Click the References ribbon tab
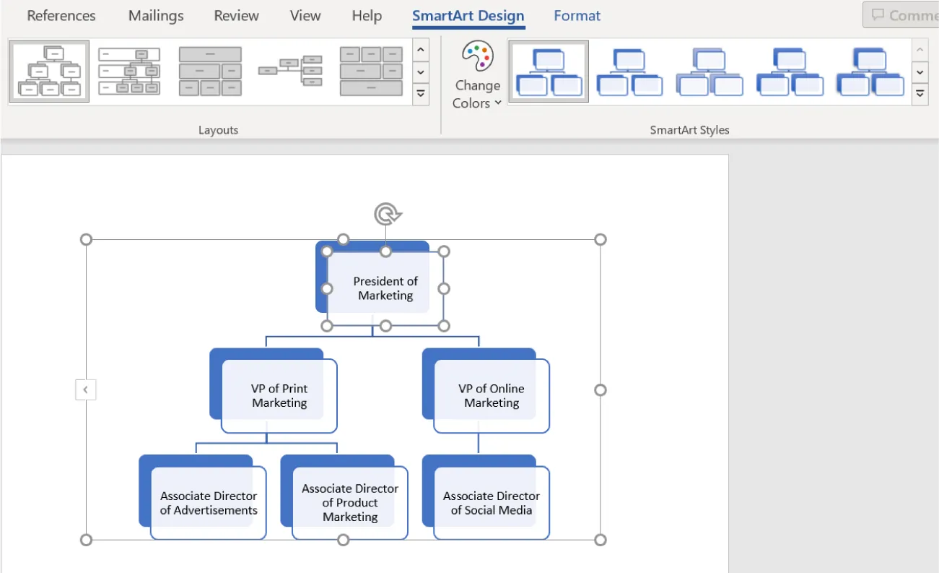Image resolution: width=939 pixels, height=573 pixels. [x=61, y=15]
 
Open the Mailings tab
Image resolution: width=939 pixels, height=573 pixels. [x=156, y=15]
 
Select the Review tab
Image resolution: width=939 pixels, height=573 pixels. [x=237, y=15]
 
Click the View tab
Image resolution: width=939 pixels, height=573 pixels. [x=305, y=15]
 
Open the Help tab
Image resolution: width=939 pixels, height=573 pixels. [x=367, y=15]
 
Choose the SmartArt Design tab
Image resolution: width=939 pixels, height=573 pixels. [x=468, y=15]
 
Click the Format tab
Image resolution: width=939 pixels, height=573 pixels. [x=577, y=15]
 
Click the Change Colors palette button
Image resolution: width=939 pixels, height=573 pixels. [x=477, y=75]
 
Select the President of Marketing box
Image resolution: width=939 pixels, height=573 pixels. [x=385, y=288]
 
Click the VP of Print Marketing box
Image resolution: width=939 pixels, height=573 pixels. [x=279, y=395]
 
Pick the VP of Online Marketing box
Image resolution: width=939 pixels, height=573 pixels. [x=492, y=395]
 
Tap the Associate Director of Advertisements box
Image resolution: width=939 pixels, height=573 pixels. [x=209, y=503]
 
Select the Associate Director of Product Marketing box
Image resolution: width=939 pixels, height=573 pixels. [x=350, y=503]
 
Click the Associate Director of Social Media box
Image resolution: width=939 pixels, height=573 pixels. [x=492, y=503]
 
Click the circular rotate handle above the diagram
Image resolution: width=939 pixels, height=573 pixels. [x=387, y=214]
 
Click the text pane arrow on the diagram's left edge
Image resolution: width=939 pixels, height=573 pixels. [x=85, y=390]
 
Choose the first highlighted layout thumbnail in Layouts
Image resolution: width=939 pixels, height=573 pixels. [x=49, y=72]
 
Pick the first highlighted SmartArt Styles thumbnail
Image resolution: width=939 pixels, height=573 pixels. [x=549, y=72]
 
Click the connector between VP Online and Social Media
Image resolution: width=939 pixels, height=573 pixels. [x=479, y=444]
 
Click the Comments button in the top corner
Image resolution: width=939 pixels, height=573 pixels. [x=902, y=15]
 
